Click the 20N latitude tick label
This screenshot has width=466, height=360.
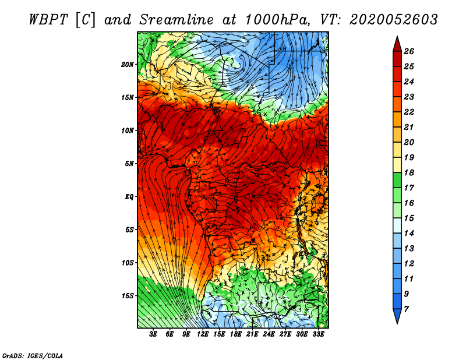point(128,64)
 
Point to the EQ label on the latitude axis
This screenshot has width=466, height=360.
point(129,196)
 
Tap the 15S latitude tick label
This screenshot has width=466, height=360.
point(128,296)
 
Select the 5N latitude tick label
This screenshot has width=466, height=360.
point(129,164)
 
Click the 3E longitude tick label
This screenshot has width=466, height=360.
point(153,334)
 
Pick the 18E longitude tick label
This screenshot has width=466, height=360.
point(236,334)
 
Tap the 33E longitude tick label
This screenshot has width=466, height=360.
point(318,334)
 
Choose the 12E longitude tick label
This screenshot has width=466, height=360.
point(203,334)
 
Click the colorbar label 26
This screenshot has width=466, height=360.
point(409,51)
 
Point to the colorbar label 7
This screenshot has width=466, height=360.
point(406,309)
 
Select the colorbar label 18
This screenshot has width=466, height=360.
point(409,172)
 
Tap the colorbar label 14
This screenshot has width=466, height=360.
point(409,234)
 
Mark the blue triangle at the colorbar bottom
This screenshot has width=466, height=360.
point(397,315)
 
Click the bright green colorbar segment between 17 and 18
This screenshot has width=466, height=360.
point(397,180)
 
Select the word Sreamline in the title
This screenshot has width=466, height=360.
point(176,20)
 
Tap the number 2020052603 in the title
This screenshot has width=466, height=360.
point(394,20)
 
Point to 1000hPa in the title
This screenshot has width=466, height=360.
point(276,20)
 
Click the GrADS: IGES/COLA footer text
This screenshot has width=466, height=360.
point(33,355)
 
